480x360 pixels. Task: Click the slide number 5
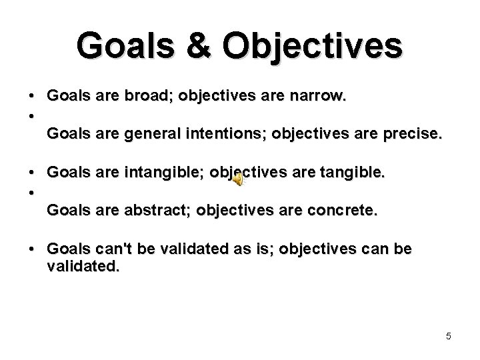click(448, 336)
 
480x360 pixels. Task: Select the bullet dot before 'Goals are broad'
click(32, 97)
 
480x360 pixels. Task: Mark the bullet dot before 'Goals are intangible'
click(32, 173)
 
